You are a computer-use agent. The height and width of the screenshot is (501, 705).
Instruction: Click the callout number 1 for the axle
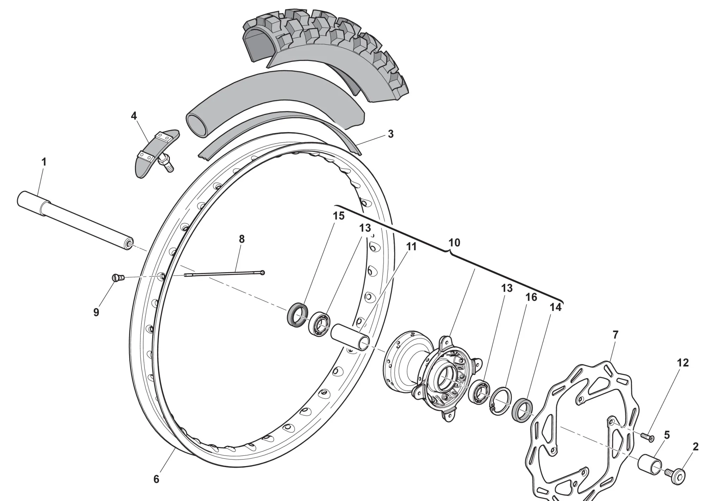click(x=44, y=162)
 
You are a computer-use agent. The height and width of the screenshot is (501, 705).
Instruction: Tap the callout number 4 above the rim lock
click(x=134, y=116)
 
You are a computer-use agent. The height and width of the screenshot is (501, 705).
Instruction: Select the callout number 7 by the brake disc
click(x=615, y=335)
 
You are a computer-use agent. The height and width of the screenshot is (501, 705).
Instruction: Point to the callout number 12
click(x=682, y=362)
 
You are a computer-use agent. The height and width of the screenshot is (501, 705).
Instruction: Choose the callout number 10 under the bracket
click(x=454, y=243)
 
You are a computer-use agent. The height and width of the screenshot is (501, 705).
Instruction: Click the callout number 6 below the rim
click(x=157, y=479)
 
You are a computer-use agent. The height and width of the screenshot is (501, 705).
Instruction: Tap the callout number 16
click(x=531, y=297)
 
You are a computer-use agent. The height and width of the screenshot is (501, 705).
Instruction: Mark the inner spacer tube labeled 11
click(x=350, y=338)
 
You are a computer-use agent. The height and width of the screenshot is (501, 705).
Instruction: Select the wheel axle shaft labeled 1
click(x=75, y=220)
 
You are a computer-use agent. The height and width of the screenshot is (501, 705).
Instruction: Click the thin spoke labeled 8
click(x=224, y=274)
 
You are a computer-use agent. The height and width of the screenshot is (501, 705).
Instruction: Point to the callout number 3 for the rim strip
click(x=390, y=134)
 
